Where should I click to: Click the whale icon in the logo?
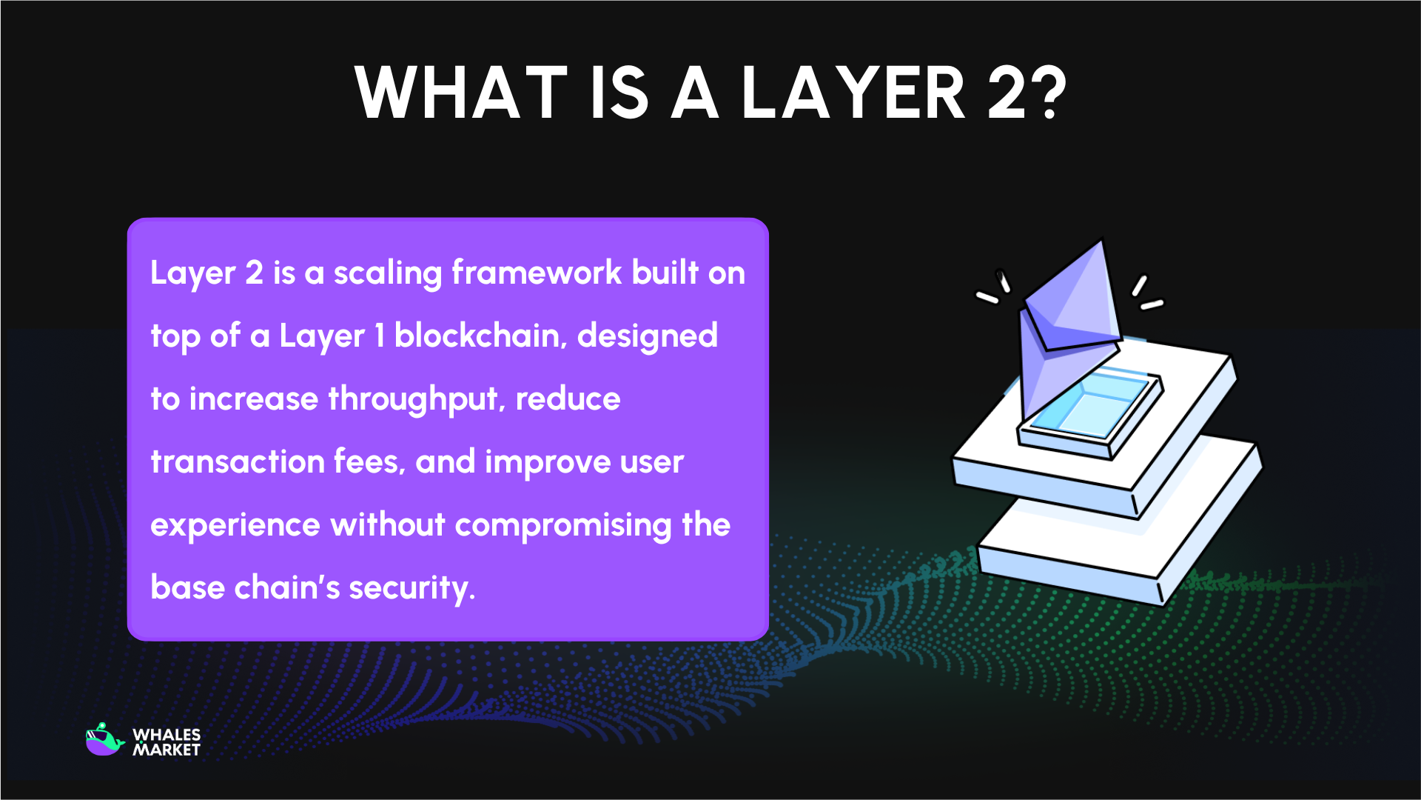(x=104, y=740)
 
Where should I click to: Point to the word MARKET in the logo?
(x=167, y=750)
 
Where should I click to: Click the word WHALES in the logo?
(x=167, y=734)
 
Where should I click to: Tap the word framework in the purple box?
(x=537, y=273)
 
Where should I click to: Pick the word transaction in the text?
(x=238, y=461)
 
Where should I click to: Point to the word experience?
(x=235, y=525)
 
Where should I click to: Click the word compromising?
(x=562, y=525)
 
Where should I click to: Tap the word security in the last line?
(x=411, y=588)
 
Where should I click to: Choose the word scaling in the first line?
(x=388, y=273)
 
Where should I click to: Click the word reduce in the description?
(x=568, y=399)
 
